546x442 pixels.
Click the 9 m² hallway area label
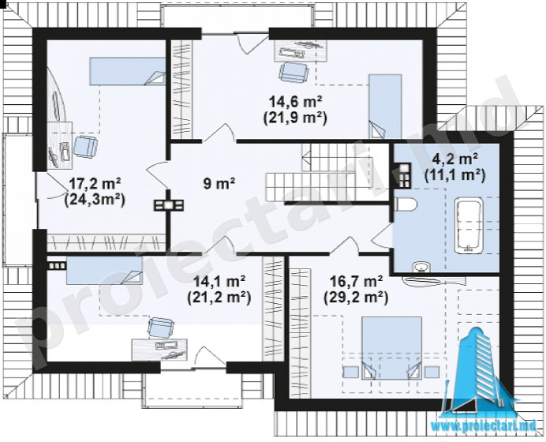point(219,183)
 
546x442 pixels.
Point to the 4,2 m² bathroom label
point(454,159)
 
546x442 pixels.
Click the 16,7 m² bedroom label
point(356,280)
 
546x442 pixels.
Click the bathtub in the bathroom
point(469,225)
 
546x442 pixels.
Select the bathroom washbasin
point(422,267)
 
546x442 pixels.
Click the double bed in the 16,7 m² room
point(391,347)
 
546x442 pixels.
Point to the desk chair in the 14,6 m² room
point(294,72)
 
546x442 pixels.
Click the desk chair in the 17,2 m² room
point(86,147)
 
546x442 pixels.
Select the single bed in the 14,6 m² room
point(385,106)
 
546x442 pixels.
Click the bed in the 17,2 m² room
point(128,71)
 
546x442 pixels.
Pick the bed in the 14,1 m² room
point(104,271)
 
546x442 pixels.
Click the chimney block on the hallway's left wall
point(169,205)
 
